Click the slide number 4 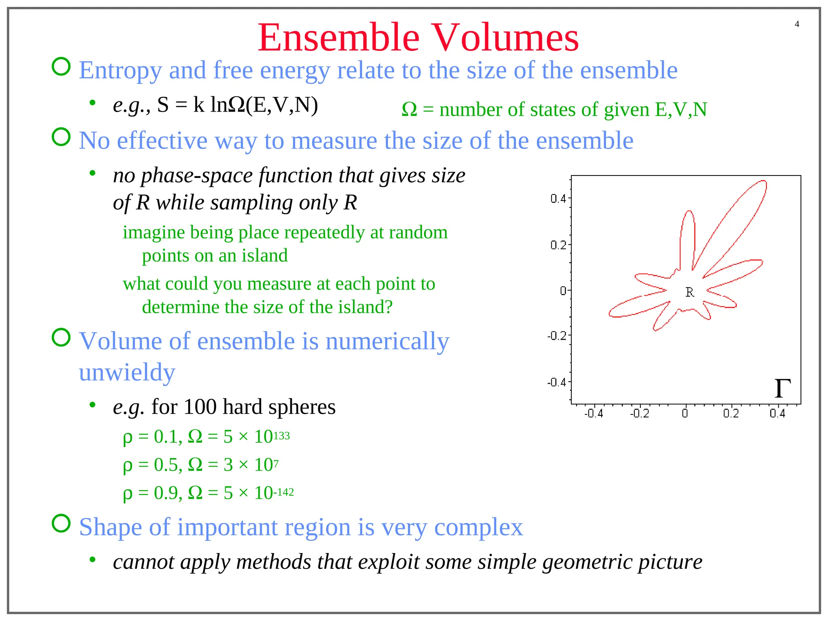[796, 24]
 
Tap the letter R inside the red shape [689, 292]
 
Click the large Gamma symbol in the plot [782, 389]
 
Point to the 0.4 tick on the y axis [558, 199]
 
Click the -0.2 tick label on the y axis [557, 336]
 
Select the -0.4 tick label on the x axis [593, 414]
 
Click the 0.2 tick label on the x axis [731, 414]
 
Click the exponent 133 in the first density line [281, 436]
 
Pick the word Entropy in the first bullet [120, 70]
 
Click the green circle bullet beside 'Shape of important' [61, 524]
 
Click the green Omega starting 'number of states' [409, 110]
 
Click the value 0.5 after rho [166, 465]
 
